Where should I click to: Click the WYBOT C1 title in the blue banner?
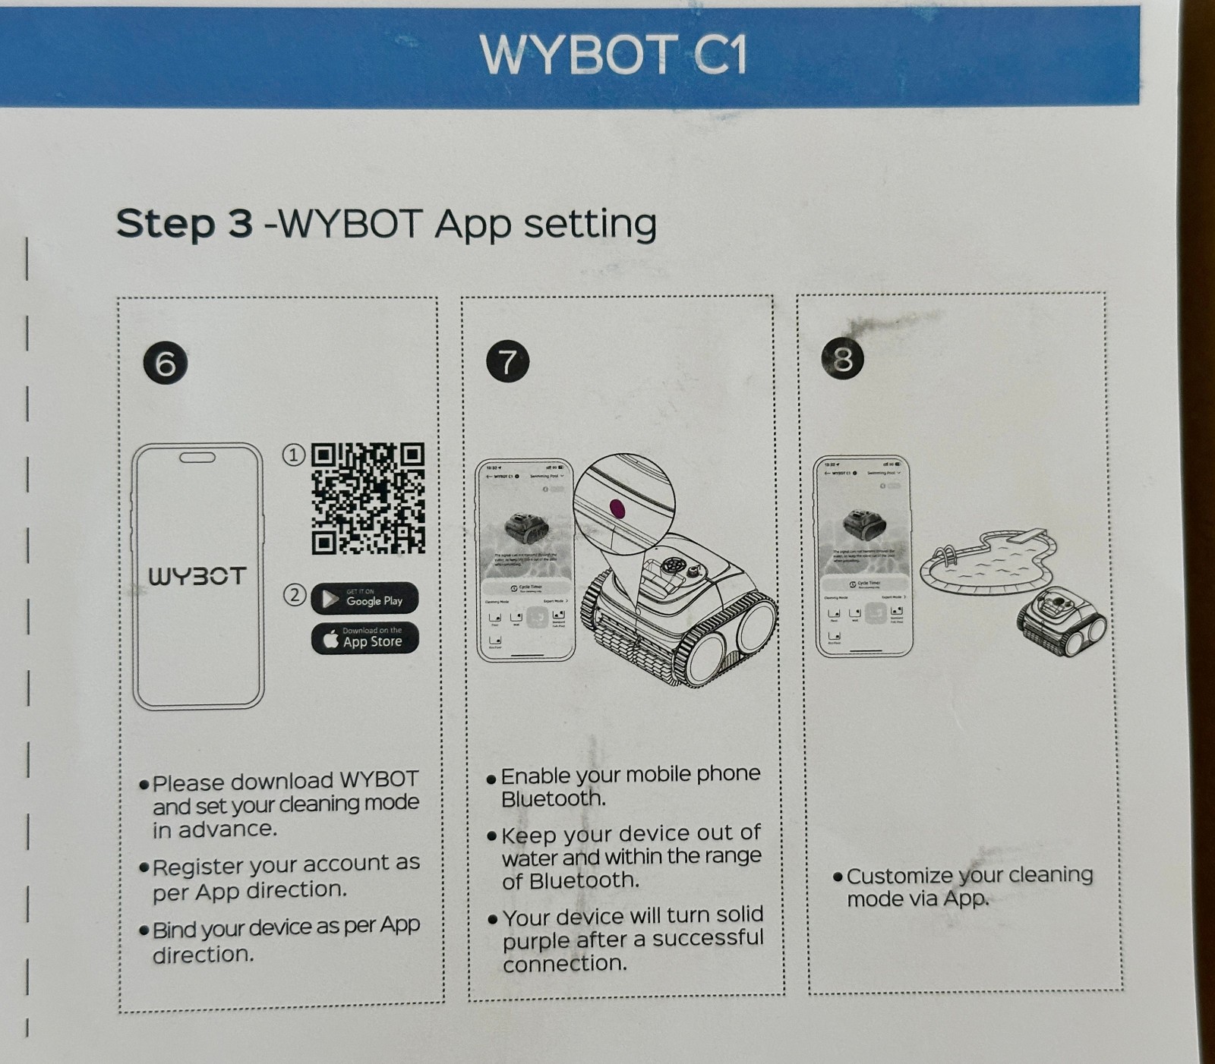point(614,55)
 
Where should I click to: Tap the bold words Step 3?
point(184,224)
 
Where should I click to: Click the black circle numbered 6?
point(165,363)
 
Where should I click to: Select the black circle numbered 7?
point(507,361)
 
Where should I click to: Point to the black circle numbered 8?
point(843,358)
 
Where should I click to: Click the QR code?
point(368,499)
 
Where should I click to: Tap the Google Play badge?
point(364,599)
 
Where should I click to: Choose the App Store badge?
point(364,638)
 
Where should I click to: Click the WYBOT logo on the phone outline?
point(197,576)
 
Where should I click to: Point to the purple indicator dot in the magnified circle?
point(617,508)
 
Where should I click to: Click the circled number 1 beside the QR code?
point(294,455)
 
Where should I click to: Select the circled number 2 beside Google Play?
point(295,594)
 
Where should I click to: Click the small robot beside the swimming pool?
point(1062,620)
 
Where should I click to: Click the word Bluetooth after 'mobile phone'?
point(553,799)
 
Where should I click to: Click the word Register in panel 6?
point(197,866)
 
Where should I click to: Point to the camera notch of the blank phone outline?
point(197,458)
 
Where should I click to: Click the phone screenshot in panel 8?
point(863,556)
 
